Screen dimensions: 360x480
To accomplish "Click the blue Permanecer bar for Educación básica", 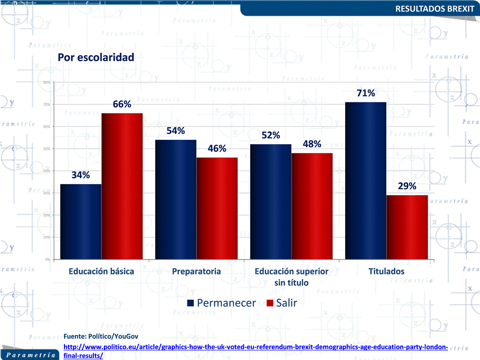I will tap(81, 222).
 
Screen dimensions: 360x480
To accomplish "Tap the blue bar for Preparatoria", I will tap(176, 200).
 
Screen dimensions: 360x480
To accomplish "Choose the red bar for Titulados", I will tap(407, 227).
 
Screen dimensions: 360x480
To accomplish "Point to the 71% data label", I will tap(366, 93).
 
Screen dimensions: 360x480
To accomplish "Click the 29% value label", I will tap(407, 186).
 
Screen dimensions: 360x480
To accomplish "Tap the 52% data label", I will tap(271, 135).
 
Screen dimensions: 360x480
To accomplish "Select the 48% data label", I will tap(312, 144).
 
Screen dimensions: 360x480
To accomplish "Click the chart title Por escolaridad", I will tap(96, 57).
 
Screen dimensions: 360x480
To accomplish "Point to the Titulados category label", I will tap(387, 272).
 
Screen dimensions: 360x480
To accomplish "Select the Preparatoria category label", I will tap(196, 272).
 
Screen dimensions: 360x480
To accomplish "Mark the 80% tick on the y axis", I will tap(46, 82).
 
